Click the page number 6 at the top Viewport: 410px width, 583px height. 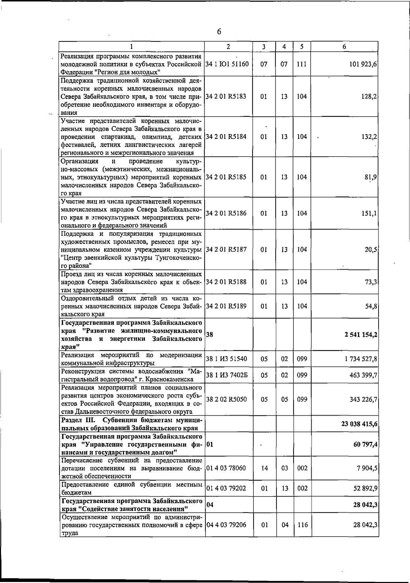(219, 32)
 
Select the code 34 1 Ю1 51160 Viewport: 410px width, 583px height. (227, 64)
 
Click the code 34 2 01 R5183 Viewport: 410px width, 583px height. (226, 96)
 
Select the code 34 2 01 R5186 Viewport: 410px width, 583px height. (226, 213)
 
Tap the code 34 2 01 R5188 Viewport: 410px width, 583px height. (226, 282)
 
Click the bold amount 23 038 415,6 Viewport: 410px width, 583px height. (359, 424)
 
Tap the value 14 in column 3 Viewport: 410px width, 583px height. (264, 468)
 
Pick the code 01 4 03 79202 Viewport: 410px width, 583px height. (226, 488)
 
